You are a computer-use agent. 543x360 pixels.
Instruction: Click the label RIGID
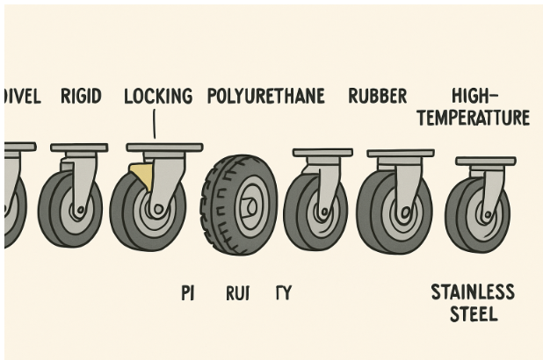[80, 96]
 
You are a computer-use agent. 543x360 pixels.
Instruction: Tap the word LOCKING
[157, 96]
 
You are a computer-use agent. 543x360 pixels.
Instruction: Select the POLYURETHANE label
[266, 96]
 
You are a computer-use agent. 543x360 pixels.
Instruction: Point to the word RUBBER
[377, 96]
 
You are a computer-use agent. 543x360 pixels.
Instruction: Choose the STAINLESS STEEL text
[473, 302]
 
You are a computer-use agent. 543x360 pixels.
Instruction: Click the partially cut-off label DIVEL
[21, 96]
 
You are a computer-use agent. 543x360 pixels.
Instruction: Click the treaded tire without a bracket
[239, 205]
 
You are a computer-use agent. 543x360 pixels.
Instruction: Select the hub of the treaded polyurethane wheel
[250, 206]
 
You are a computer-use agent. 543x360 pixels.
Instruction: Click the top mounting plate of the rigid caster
[79, 148]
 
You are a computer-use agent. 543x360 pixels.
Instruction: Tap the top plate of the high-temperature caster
[485, 162]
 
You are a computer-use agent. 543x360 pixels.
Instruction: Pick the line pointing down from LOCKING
[155, 126]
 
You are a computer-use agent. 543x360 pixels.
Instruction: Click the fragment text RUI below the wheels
[237, 293]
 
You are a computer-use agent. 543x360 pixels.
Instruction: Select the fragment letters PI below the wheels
[186, 293]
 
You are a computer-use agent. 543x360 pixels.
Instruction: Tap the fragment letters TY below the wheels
[283, 293]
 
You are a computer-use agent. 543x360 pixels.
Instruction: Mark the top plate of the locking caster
[164, 147]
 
